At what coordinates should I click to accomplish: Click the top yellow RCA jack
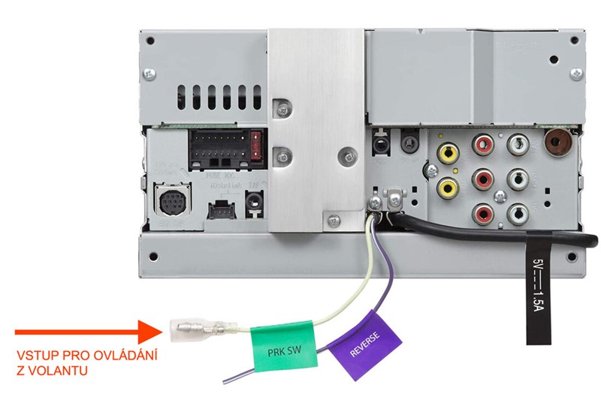tap(448, 153)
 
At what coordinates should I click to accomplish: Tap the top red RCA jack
tap(482, 143)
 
